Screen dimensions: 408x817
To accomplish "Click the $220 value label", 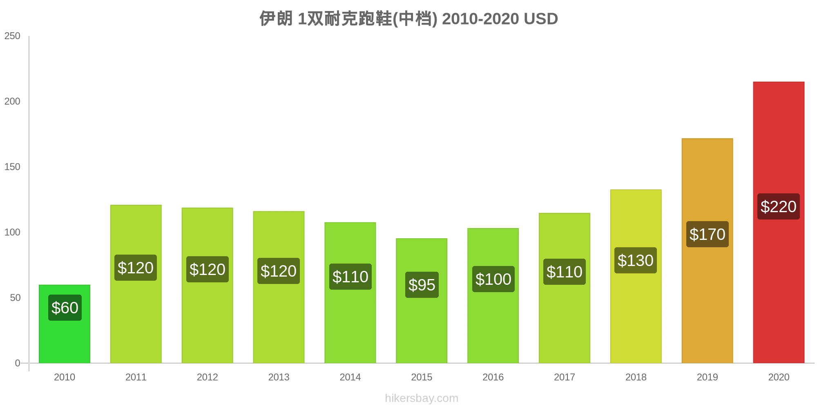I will [778, 206].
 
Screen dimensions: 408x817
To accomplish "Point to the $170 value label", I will [707, 234].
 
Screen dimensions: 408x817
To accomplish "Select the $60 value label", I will [65, 308].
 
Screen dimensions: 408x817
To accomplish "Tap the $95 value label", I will [422, 285].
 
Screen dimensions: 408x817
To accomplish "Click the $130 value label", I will [635, 260].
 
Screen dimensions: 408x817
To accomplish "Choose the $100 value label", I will [493, 279].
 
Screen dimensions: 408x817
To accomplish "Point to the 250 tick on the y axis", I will [12, 36].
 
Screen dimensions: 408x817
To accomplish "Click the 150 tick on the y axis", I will [12, 167].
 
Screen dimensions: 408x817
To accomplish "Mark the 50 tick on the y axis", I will [15, 298].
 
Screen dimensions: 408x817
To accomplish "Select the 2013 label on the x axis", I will [279, 377].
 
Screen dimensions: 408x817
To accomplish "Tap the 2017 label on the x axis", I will [564, 377].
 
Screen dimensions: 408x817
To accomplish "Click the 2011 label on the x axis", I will [136, 377].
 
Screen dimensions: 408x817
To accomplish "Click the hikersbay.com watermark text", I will [422, 398].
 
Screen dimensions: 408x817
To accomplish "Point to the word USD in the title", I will [540, 19].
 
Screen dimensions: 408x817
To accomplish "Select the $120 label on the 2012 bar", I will [207, 269].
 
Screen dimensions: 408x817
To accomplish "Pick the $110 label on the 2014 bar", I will [350, 277].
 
